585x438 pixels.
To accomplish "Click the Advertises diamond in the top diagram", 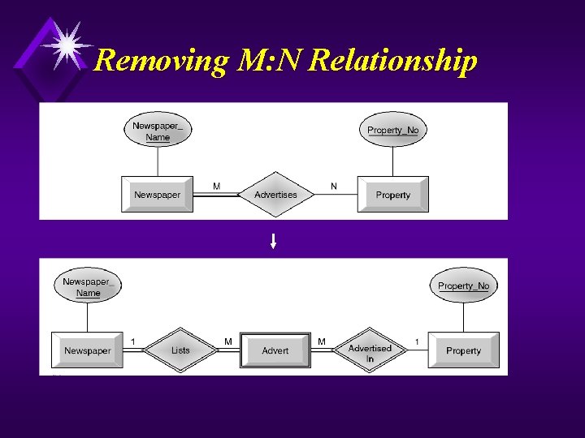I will coord(275,195).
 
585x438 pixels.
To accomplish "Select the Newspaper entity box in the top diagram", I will coord(157,195).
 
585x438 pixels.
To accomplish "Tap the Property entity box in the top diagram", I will coord(393,195).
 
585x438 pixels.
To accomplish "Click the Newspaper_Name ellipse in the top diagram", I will coord(158,131).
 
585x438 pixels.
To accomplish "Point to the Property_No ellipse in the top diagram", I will coord(392,130).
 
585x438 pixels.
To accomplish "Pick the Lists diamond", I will coord(180,350).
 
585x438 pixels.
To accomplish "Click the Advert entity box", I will coord(275,350).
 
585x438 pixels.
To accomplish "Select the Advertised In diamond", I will coord(370,352).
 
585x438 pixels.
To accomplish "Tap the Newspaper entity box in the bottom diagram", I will coord(88,350).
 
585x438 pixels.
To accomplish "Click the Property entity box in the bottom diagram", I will coord(463,350).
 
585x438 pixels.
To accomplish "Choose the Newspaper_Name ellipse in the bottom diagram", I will coord(88,287).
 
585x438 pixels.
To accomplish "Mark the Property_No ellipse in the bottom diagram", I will coord(463,286).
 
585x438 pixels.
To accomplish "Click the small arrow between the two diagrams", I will coord(274,240).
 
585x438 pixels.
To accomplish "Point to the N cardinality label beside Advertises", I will coord(333,186).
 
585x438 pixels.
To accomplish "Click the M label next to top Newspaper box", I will coord(216,186).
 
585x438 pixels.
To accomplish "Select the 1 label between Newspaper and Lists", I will coord(133,341).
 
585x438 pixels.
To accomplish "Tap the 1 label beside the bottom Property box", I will coord(417,341).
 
